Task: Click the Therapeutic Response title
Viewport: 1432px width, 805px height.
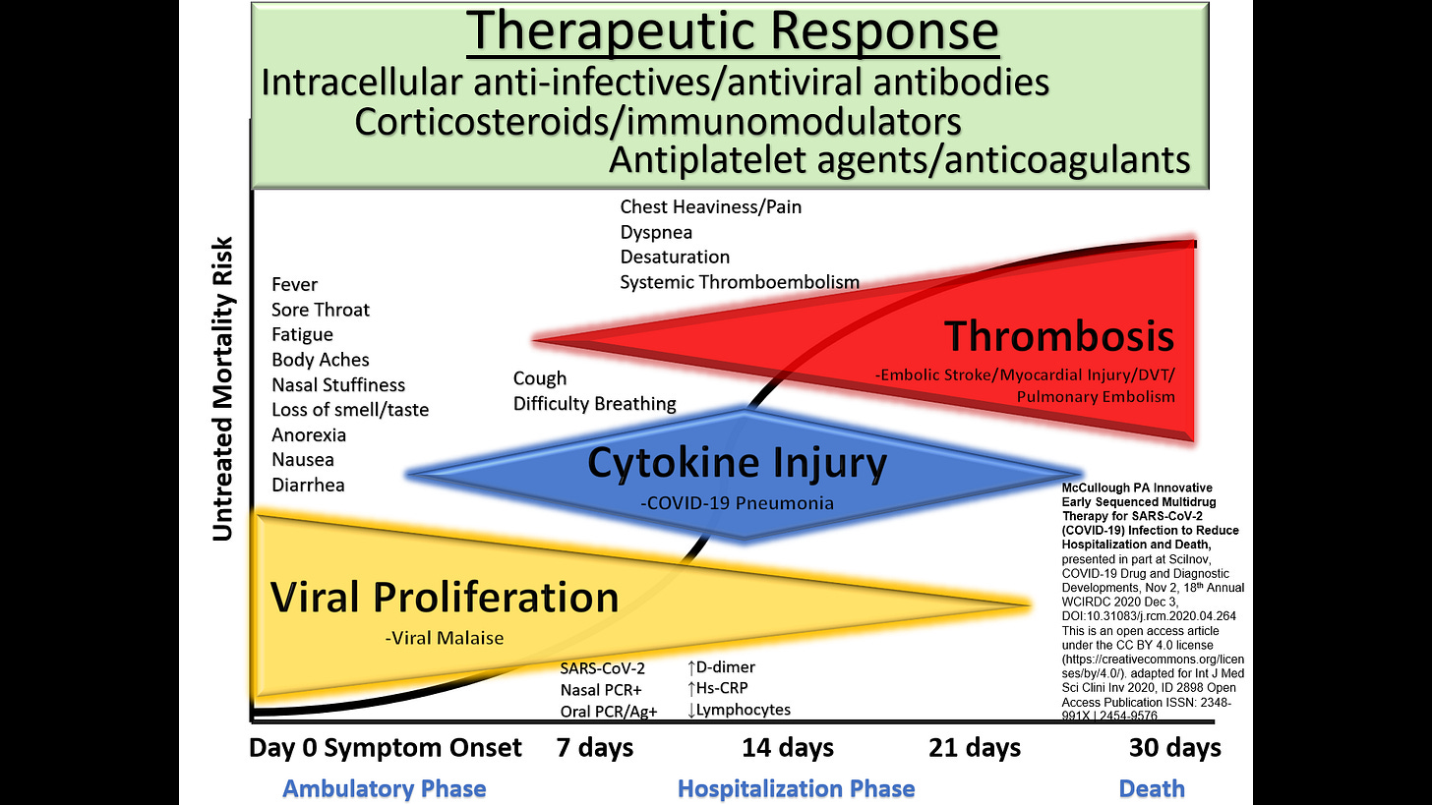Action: tap(732, 33)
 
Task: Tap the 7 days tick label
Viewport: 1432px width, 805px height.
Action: tap(596, 748)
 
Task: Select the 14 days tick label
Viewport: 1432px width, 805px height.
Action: tap(787, 748)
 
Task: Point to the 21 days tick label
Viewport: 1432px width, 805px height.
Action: tap(975, 748)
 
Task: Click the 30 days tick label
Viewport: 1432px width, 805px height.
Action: tap(1175, 748)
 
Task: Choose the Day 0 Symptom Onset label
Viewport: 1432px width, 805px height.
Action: tap(385, 748)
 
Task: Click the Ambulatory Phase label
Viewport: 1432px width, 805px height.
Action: tap(385, 788)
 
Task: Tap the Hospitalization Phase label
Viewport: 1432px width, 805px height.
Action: tap(797, 788)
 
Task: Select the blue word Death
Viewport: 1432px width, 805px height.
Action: tap(1152, 788)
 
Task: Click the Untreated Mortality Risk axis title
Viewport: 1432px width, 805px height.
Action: tap(223, 388)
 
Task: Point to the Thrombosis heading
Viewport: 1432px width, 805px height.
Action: tap(1059, 336)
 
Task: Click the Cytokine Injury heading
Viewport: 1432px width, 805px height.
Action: tap(737, 463)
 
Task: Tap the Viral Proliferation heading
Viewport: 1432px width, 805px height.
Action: tap(445, 598)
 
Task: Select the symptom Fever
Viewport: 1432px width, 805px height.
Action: tap(295, 285)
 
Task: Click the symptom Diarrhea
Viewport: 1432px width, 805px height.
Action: tap(308, 485)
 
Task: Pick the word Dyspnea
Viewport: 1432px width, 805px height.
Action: tap(656, 233)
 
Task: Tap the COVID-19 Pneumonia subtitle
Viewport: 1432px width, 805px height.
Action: tap(737, 503)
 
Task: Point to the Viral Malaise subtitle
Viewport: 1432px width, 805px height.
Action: tap(445, 638)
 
